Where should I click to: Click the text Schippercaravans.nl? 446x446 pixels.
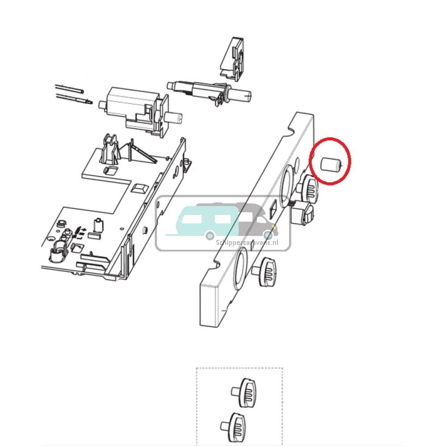[253, 242]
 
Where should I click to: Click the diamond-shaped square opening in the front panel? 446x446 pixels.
[273, 209]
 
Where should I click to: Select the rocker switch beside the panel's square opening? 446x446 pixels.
[305, 213]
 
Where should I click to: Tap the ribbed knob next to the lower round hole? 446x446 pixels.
[267, 270]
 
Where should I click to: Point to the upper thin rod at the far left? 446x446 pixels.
[69, 87]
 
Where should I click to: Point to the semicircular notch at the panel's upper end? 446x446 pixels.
[291, 129]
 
